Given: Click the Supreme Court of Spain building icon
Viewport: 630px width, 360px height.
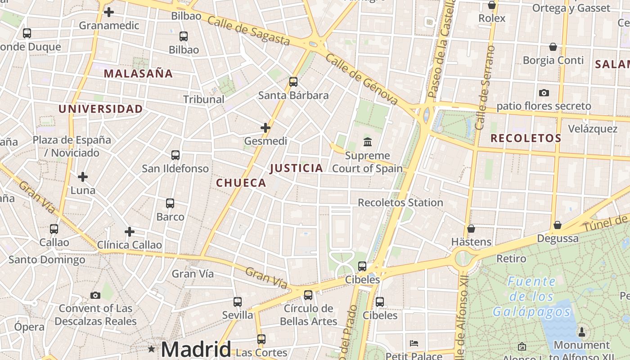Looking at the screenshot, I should coord(368,142).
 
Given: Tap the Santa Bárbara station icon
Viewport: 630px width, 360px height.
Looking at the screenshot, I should coord(293,82).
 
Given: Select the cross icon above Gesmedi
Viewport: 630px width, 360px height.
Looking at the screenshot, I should coord(265,128).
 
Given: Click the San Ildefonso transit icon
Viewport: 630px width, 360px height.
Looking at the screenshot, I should coord(175,155).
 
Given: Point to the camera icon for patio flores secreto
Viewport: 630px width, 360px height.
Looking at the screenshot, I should coord(544,93).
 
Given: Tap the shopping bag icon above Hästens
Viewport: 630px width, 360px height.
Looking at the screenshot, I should coord(471,229).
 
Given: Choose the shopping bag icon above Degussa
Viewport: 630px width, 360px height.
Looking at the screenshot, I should coord(558,225).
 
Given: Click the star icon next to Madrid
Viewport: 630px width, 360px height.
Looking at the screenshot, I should coord(152,349).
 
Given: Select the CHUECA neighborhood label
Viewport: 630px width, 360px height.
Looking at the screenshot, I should coord(241,183).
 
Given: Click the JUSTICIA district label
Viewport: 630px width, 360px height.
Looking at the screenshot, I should coord(297,168).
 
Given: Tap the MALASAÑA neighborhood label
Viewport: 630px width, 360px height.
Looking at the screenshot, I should coord(138,73).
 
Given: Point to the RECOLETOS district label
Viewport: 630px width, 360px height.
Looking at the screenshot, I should coord(526,138).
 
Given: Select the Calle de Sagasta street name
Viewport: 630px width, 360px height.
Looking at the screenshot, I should coord(249,31).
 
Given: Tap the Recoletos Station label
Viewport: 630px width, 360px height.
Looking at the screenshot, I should coord(400,202).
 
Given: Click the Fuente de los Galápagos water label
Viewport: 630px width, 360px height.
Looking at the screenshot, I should coord(532,297).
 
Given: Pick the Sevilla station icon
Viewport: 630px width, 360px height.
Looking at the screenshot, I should coord(238,302).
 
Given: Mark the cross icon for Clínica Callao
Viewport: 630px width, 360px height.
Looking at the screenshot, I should coord(130,232).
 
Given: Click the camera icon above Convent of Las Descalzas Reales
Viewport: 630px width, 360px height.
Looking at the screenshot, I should coord(95,296).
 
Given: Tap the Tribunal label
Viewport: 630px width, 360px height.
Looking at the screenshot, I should coord(204,99).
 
